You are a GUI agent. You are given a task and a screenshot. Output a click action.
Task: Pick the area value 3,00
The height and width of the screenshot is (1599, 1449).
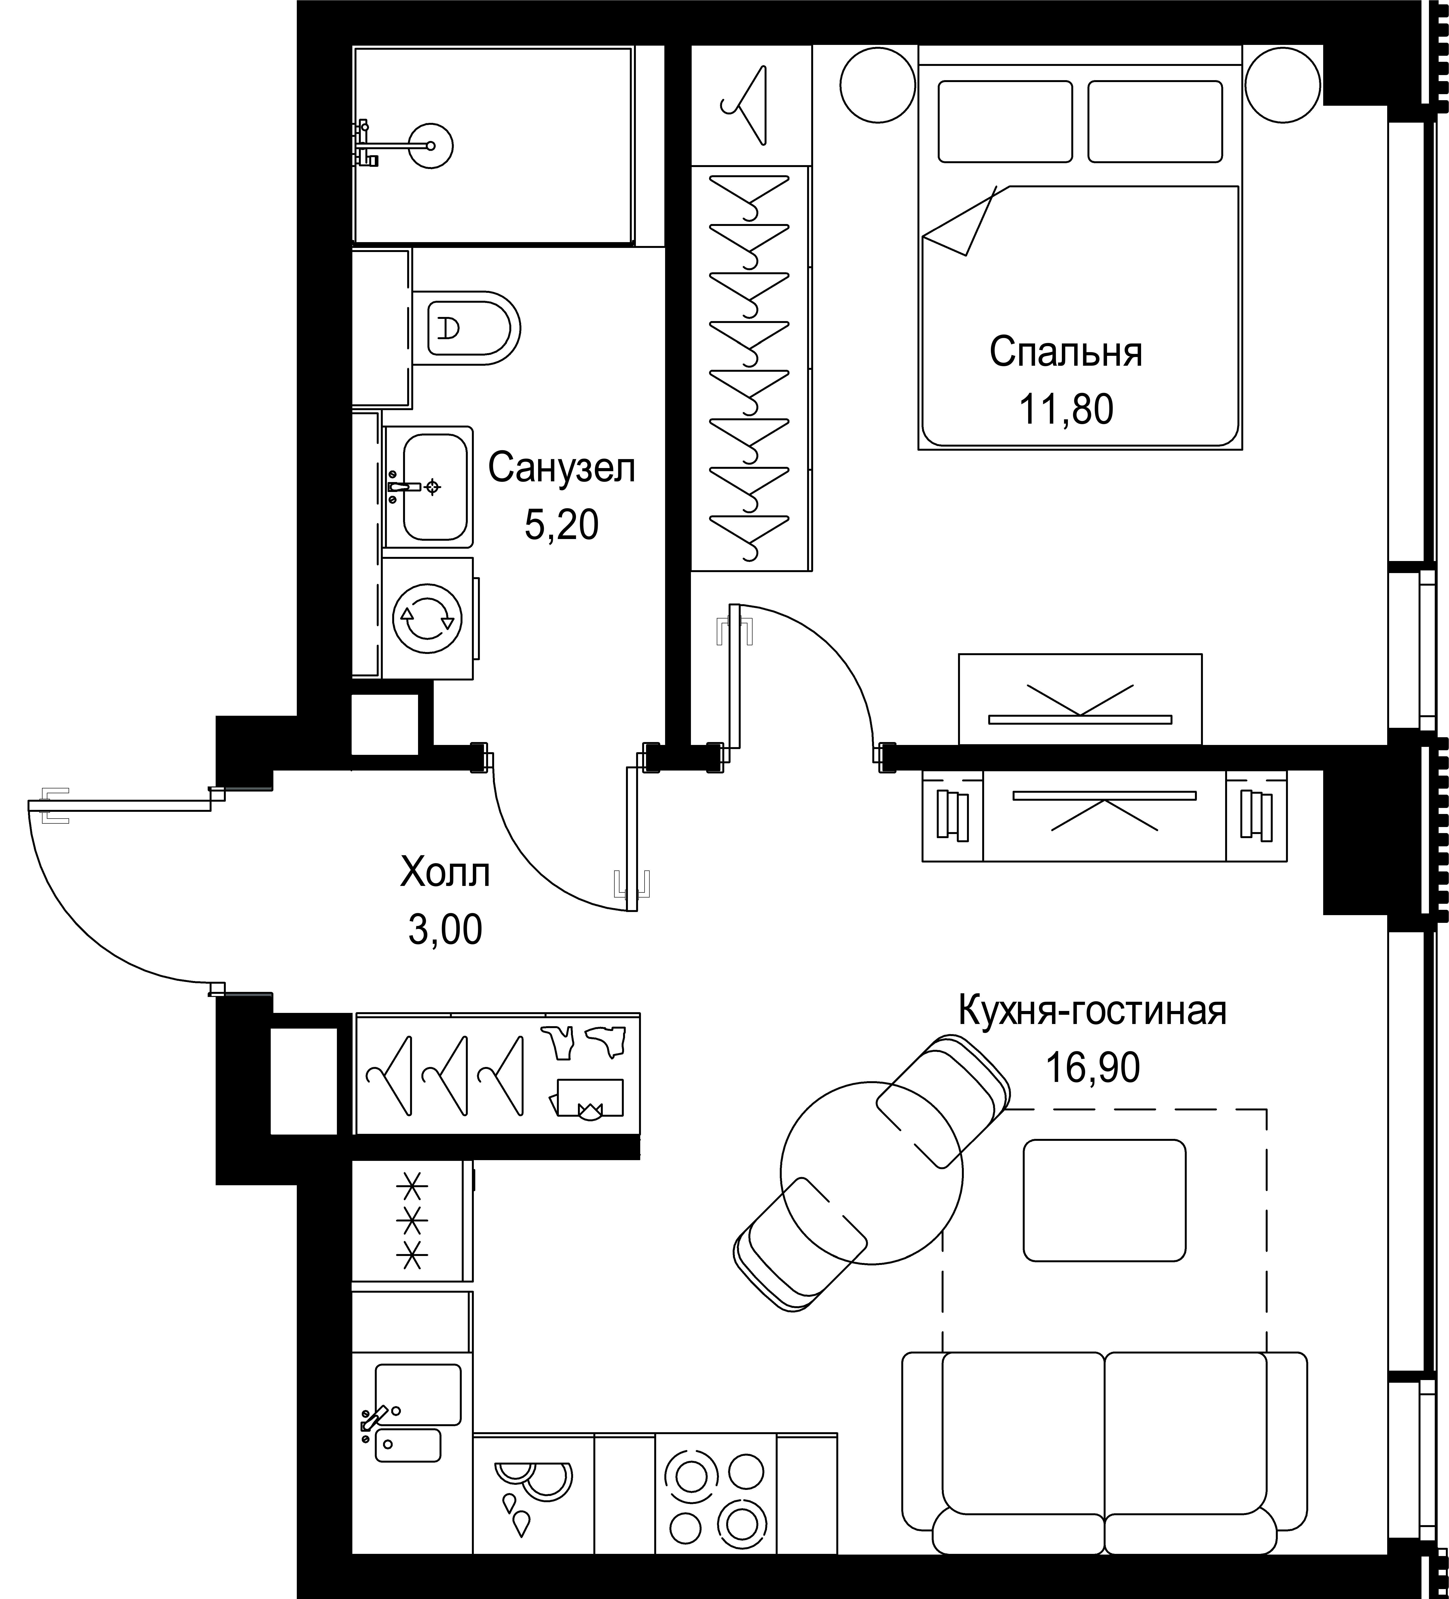pos(445,930)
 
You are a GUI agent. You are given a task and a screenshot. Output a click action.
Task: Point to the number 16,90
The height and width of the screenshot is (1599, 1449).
pos(1093,1068)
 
